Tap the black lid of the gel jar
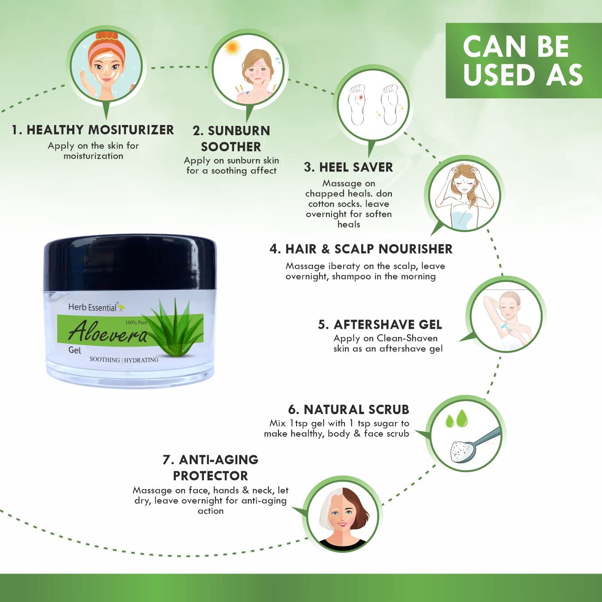click(x=129, y=262)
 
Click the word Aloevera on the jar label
click(x=107, y=332)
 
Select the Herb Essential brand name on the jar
click(x=93, y=307)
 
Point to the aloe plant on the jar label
click(x=172, y=325)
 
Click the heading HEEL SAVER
click(x=348, y=167)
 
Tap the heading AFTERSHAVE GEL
click(x=380, y=324)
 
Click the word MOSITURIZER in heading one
click(x=131, y=129)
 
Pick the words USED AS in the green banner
click(x=523, y=74)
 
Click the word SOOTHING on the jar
click(x=105, y=359)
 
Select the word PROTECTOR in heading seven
click(x=211, y=476)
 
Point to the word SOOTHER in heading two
click(x=231, y=147)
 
